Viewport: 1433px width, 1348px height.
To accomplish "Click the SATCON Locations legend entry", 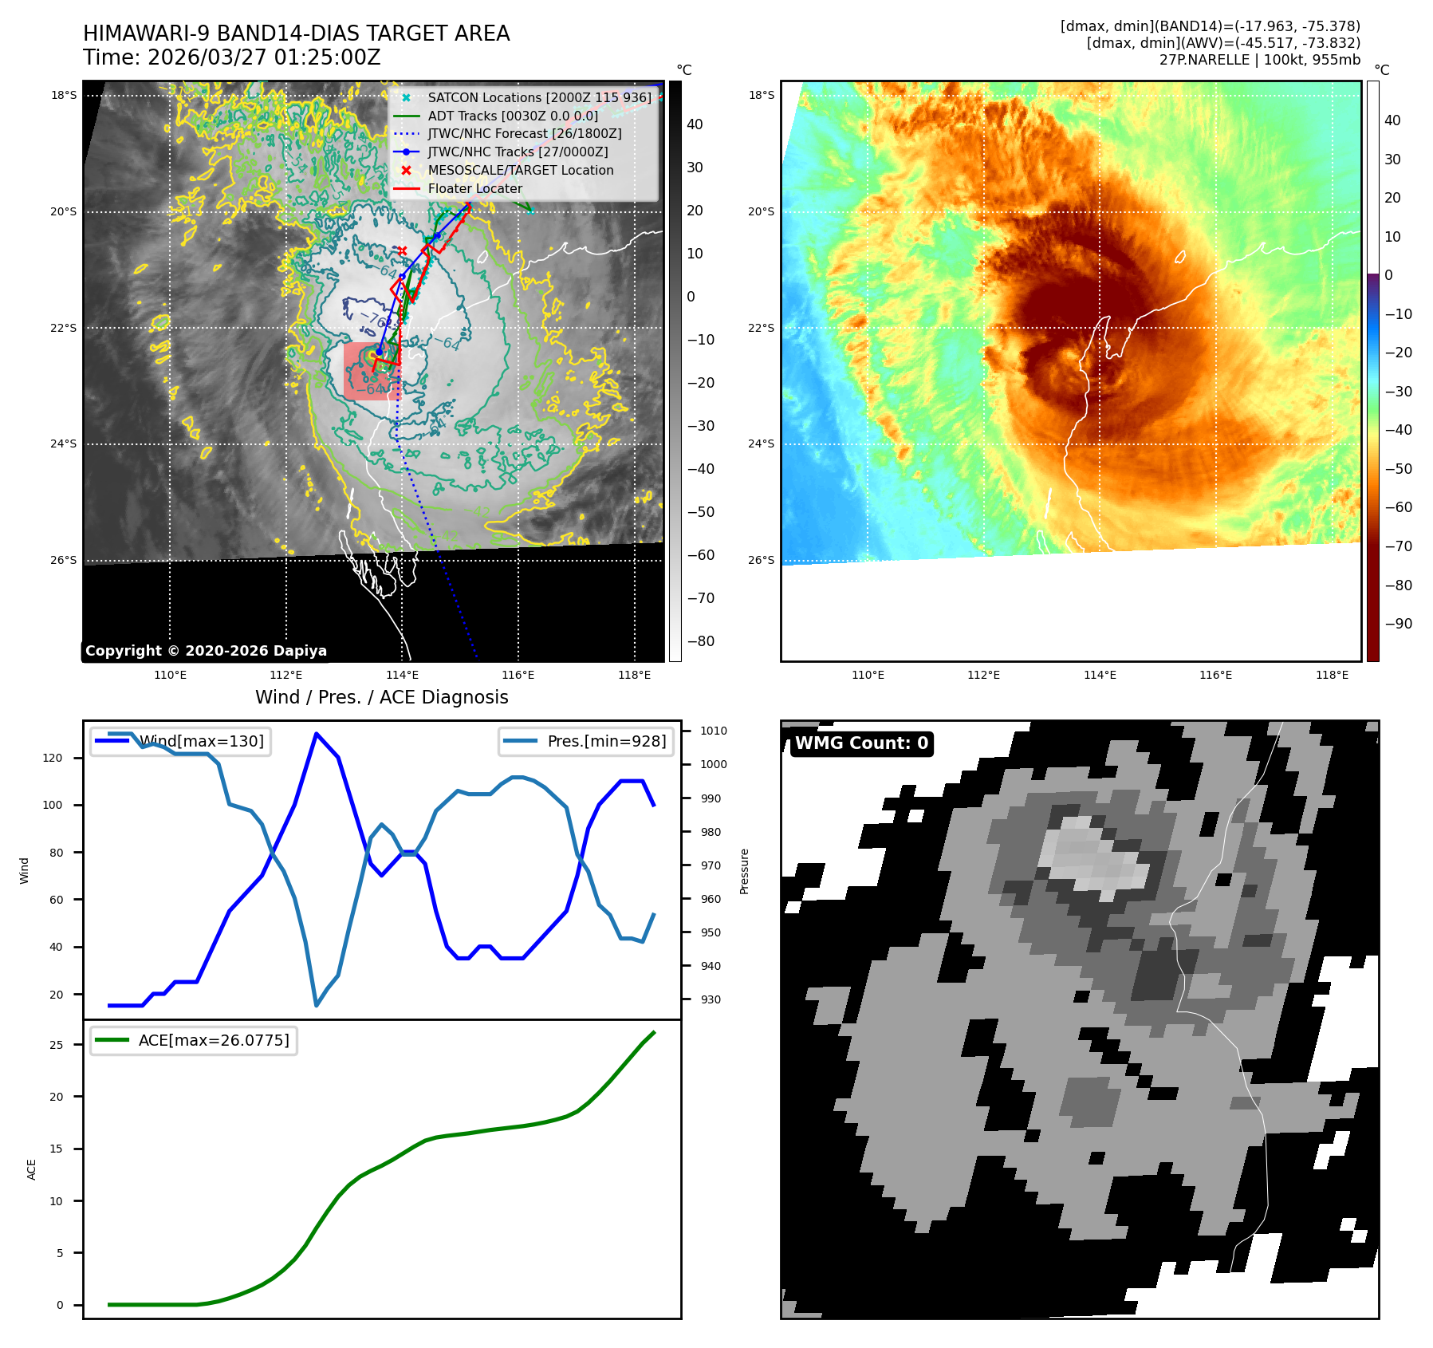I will coord(539,97).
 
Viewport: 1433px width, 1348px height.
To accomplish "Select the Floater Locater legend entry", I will coord(474,188).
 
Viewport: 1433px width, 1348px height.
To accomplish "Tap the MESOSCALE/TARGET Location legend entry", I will coord(520,170).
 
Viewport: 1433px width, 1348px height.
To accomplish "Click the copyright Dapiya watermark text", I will coord(206,651).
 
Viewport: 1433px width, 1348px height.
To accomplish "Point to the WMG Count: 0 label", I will coord(861,743).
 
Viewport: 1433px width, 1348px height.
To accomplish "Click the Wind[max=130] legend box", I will coord(180,741).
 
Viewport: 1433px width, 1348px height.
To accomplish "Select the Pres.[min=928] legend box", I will coord(586,741).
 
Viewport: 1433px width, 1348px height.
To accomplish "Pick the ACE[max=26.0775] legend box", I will coord(194,1040).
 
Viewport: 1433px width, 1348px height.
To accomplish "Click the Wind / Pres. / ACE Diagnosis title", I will coord(381,697).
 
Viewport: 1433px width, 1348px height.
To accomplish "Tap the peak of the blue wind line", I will coord(317,733).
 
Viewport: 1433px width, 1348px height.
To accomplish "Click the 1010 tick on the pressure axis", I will coord(713,731).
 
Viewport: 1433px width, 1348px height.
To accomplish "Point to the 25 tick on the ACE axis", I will coord(57,1045).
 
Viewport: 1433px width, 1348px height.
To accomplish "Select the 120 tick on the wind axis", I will coord(53,758).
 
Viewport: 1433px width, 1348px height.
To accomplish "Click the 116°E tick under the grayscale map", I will coord(518,675).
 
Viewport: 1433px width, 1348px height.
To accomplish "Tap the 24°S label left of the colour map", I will coord(761,443).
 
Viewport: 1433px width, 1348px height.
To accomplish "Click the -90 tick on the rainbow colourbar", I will coord(1398,624).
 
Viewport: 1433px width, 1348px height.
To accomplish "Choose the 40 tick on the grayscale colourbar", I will coord(695,124).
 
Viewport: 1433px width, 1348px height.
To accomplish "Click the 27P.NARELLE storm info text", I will coord(1259,60).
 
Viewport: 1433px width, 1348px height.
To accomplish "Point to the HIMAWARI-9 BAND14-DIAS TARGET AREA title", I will coord(296,34).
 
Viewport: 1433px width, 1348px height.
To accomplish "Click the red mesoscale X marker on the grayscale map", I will coord(403,250).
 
